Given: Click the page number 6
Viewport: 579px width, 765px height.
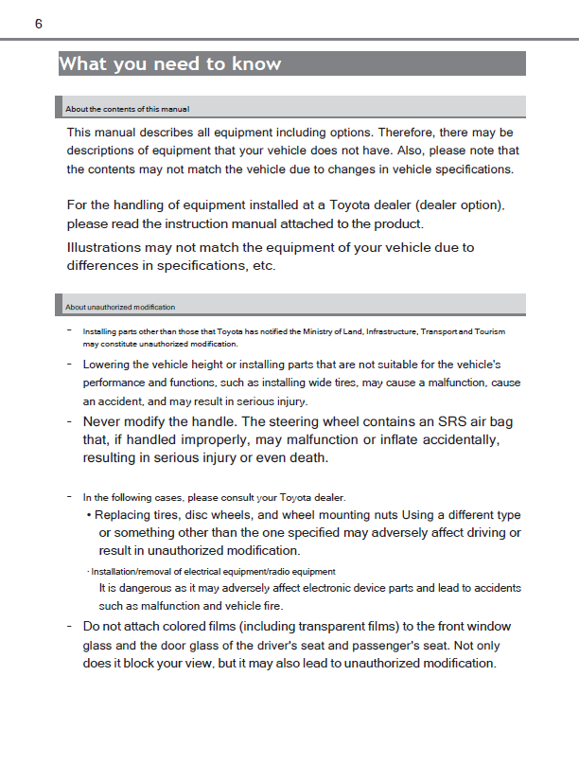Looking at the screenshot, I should tap(39, 24).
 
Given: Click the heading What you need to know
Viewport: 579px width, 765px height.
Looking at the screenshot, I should tap(170, 64).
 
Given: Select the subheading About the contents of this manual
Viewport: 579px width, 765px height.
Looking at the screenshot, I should tap(128, 110).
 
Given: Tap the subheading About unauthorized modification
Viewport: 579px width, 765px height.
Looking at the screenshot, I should tap(120, 308).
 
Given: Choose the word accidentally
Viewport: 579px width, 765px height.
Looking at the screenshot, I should tap(452, 440).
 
